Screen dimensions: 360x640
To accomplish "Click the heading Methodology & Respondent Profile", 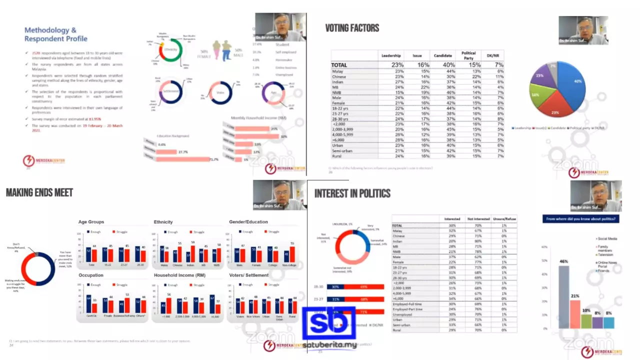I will point(55,34).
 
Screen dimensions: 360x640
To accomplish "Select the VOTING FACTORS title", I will point(352,28).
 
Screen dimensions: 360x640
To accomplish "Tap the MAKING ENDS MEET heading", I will point(39,193).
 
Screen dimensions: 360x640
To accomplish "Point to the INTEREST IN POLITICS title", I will point(352,193).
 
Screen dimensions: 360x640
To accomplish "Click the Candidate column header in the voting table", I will point(443,55).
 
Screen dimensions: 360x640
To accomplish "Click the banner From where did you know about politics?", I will point(581,218).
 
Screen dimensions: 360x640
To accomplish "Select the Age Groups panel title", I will point(91,222).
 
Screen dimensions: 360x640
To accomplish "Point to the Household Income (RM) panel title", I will point(179,275).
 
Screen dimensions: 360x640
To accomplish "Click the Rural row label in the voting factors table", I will point(337,156).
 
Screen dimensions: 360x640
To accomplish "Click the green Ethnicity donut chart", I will point(170,50).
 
